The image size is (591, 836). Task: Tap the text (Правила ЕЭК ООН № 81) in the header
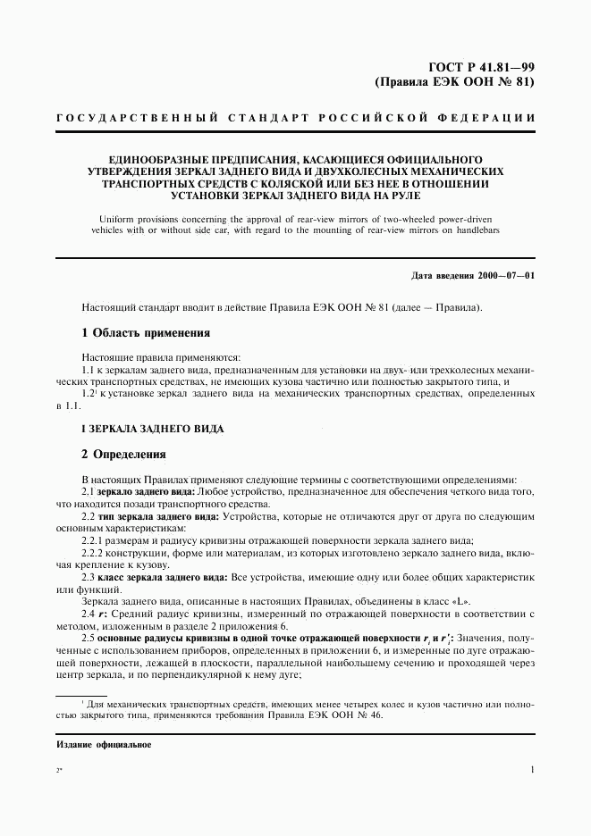[x=455, y=83]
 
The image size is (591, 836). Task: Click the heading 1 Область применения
[x=146, y=333]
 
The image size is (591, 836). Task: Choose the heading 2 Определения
[x=124, y=454]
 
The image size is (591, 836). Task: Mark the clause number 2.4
[x=89, y=615]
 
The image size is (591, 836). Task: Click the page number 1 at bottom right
[x=532, y=769]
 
